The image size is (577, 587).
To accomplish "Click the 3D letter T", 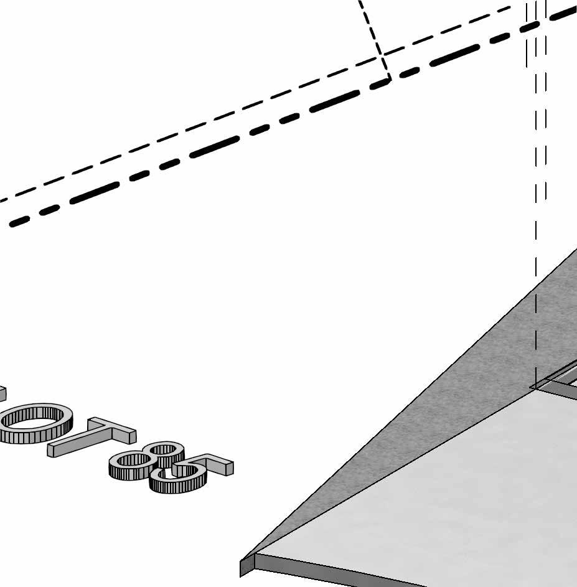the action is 93,436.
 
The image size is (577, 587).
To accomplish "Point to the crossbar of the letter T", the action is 112,428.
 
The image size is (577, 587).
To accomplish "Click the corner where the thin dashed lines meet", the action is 382,56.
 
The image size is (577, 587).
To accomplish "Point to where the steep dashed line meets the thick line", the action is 390,78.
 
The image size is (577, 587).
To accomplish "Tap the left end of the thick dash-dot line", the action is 14,223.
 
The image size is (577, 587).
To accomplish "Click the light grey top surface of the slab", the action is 436,498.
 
